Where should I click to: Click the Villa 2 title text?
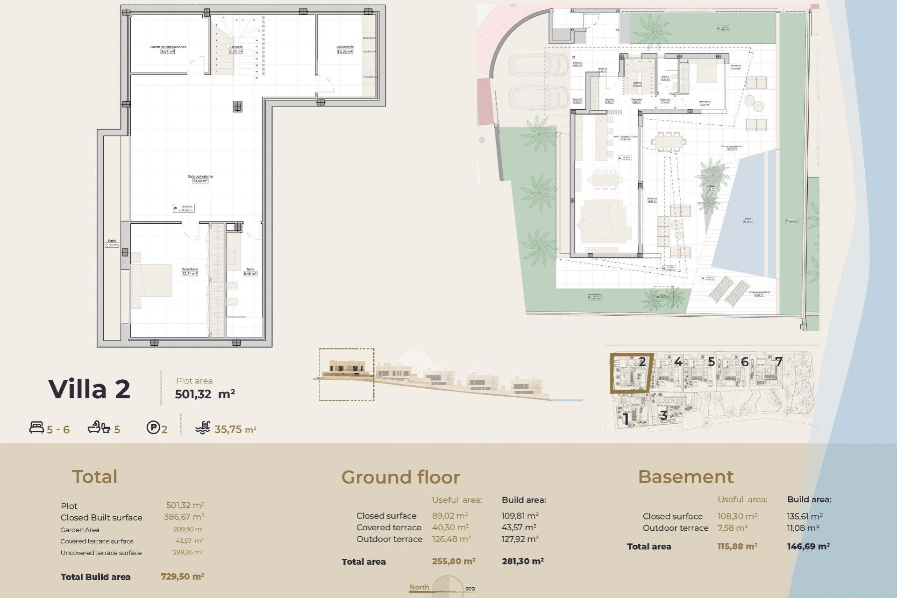(89, 389)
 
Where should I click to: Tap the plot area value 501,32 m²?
(205, 394)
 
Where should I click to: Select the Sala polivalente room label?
(200, 177)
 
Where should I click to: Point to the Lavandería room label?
(345, 47)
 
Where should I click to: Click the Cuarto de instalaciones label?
(168, 47)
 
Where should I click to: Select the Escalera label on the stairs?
(236, 47)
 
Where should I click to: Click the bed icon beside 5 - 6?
(36, 427)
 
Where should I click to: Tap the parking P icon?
(153, 427)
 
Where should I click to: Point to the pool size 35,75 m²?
(235, 429)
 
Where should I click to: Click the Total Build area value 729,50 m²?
(182, 577)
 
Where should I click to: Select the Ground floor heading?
(400, 477)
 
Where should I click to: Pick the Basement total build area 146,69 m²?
(808, 546)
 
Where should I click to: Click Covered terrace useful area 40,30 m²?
(450, 527)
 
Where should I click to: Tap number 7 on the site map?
(778, 361)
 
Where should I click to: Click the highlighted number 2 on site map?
(642, 361)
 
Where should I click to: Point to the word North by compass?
(419, 587)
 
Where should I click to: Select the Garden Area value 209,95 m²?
(188, 529)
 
